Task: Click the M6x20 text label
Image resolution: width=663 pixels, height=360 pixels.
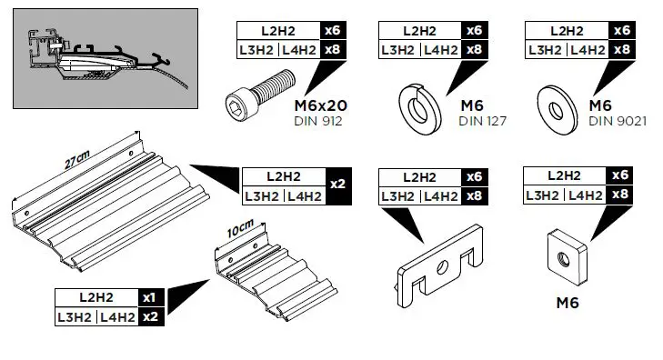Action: [x=321, y=105]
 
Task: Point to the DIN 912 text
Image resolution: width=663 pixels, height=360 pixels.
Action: [x=318, y=120]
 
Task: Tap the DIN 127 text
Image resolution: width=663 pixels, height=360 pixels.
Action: [x=481, y=120]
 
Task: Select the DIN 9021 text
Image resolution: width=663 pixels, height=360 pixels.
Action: [x=618, y=120]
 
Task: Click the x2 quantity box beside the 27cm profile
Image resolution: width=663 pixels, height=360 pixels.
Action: [x=337, y=185]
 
